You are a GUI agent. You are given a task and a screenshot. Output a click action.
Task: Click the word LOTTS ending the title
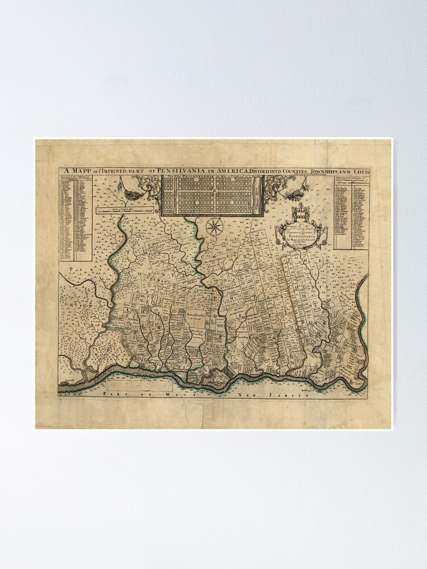tap(359, 171)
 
